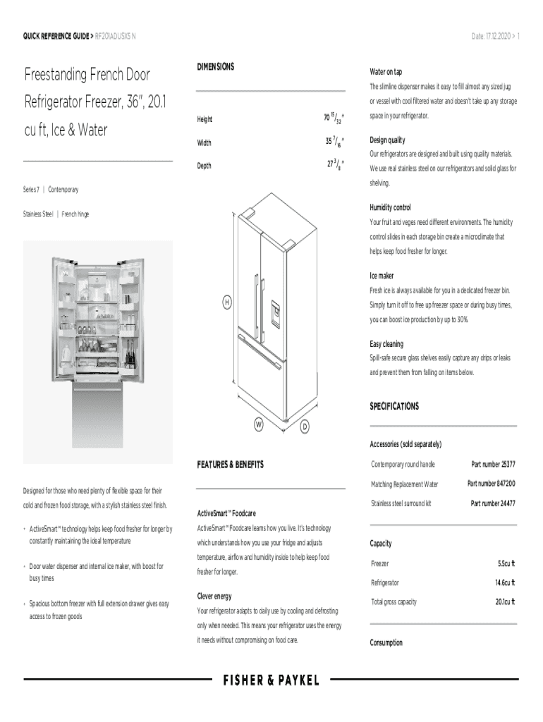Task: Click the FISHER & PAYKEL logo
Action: (271, 680)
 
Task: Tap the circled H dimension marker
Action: (227, 302)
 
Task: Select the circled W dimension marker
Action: (259, 425)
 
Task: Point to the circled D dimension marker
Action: (305, 427)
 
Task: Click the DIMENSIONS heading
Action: (216, 66)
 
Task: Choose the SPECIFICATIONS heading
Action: (394, 406)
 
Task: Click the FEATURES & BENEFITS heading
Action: (231, 465)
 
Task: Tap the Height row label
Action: (205, 120)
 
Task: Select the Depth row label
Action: (204, 166)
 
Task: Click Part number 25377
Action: (493, 464)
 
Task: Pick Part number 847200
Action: (491, 484)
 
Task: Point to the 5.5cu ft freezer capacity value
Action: (506, 564)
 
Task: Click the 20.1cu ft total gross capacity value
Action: (504, 602)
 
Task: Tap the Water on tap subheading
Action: (386, 72)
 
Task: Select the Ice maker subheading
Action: (382, 276)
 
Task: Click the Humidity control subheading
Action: (390, 208)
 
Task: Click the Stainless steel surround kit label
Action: (401, 503)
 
